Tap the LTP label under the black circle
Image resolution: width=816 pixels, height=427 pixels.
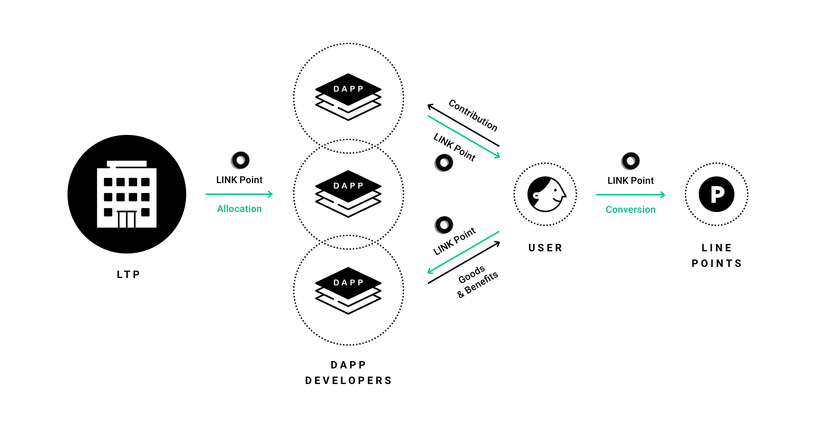128,275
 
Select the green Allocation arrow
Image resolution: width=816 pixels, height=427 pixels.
239,194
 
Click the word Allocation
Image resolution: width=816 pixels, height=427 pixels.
239,209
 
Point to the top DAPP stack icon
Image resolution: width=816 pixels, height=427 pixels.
348,97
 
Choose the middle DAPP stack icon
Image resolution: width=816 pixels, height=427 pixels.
348,193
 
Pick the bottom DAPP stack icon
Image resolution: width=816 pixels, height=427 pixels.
348,290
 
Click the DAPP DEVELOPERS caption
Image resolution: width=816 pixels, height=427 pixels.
348,373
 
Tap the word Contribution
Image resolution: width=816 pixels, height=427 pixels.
473,115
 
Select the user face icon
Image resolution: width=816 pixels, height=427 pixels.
546,194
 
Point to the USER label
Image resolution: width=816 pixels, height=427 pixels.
545,248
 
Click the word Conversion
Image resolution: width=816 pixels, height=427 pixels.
631,210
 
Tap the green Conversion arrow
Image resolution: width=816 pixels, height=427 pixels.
631,195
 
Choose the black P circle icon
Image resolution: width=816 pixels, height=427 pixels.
716,194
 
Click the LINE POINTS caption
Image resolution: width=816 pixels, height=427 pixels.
717,256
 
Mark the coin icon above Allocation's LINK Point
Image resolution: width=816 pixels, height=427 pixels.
240,160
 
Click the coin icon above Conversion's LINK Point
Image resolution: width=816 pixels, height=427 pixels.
631,161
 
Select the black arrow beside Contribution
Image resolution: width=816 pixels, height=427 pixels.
463,126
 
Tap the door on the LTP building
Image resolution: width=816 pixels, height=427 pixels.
126,219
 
